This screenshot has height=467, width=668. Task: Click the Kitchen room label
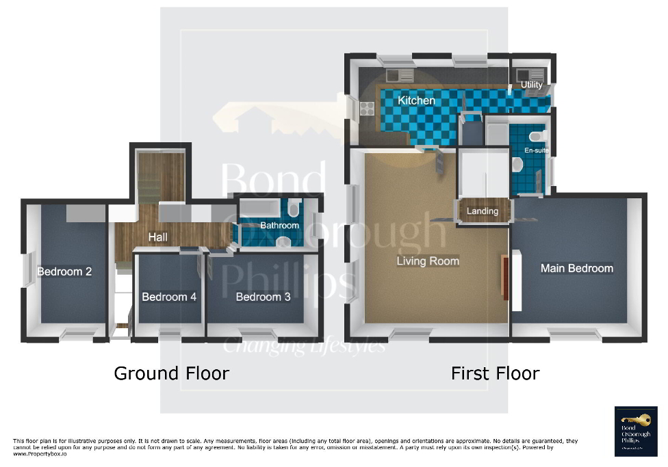(417, 101)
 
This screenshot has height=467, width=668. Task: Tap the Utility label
(532, 85)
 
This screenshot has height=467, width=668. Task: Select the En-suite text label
(537, 150)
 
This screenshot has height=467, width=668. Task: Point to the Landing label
(483, 211)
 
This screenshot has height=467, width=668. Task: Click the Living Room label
(428, 261)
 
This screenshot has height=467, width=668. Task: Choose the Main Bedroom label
(576, 268)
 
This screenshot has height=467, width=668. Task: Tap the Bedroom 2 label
(64, 271)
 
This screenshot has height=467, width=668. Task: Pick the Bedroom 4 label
(169, 297)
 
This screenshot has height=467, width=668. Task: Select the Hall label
(158, 237)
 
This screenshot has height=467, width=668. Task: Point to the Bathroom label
(279, 226)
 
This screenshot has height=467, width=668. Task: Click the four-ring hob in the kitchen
(365, 108)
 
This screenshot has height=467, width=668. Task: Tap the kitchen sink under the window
(396, 75)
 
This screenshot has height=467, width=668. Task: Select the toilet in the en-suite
(518, 165)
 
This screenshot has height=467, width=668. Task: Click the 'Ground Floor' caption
(171, 373)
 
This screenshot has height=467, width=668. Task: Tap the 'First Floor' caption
(495, 373)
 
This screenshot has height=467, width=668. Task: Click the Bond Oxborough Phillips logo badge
(636, 431)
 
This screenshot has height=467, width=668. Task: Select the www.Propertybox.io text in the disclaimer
(40, 454)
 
